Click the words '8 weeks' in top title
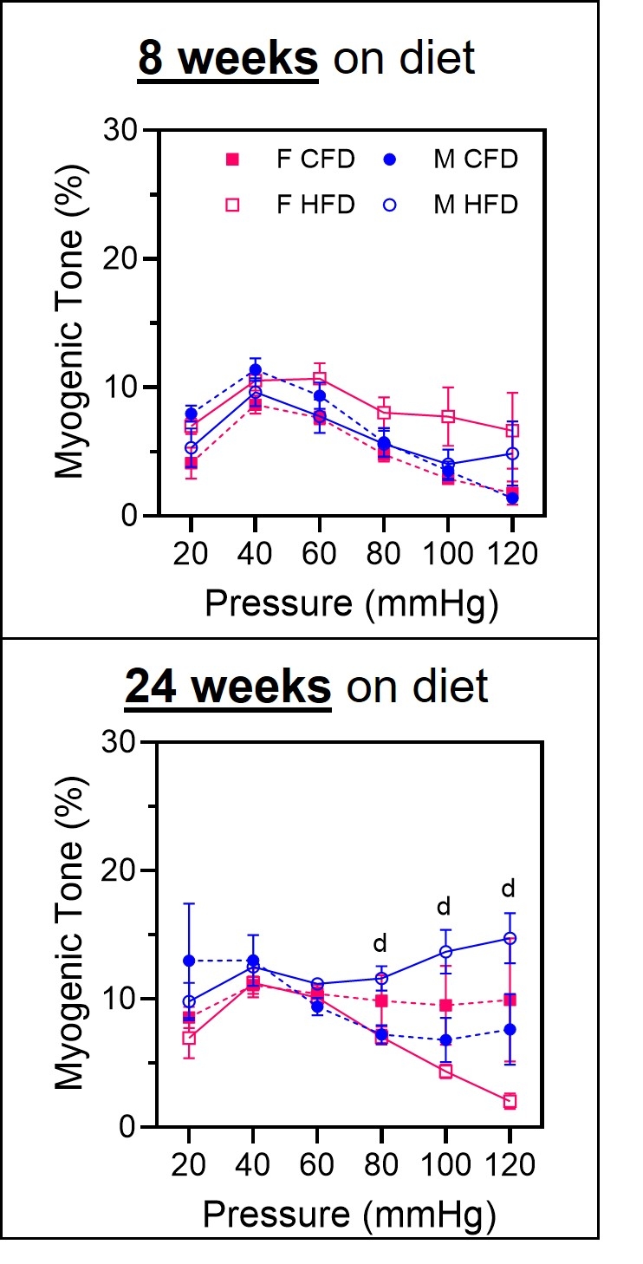(228, 58)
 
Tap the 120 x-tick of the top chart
(511, 552)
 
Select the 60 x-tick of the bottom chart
(316, 1164)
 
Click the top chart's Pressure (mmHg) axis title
(351, 604)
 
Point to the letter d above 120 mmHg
(509, 889)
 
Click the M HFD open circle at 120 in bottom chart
(510, 938)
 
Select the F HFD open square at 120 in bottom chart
(510, 1101)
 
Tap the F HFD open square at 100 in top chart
(447, 416)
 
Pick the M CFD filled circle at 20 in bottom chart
(189, 961)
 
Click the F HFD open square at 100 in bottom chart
(445, 1072)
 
